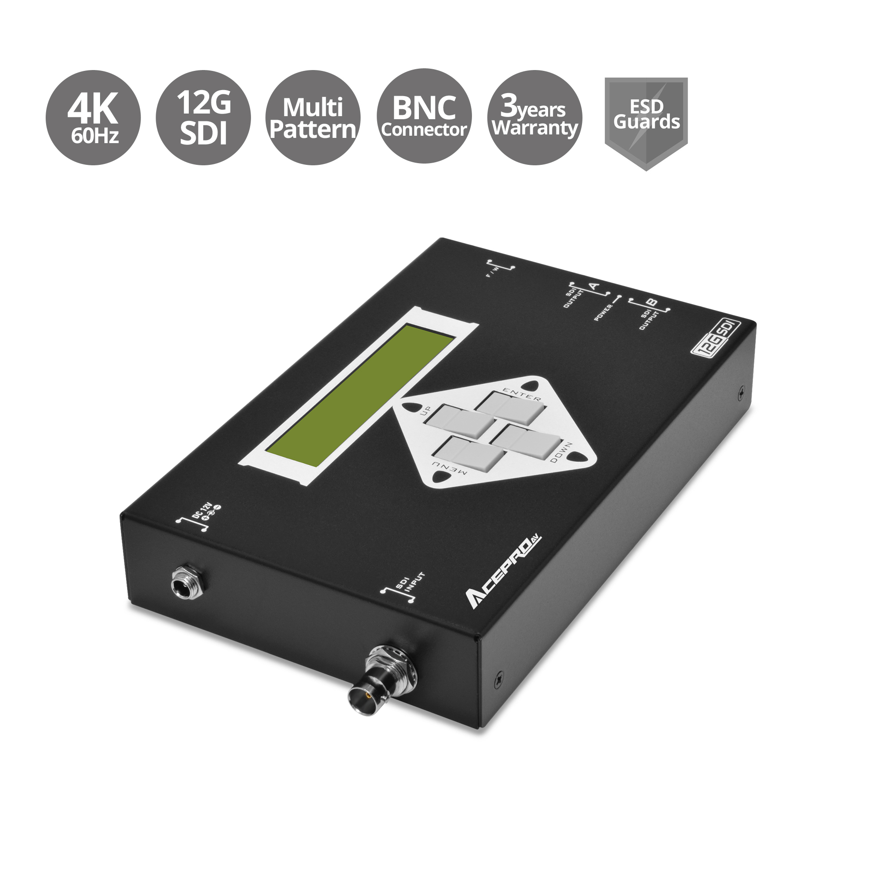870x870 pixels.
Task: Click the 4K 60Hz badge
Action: pos(94,117)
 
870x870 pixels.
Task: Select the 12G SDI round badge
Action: pos(203,117)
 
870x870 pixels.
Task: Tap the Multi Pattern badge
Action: pos(313,117)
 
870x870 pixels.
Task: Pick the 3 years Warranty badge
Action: pos(535,117)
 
